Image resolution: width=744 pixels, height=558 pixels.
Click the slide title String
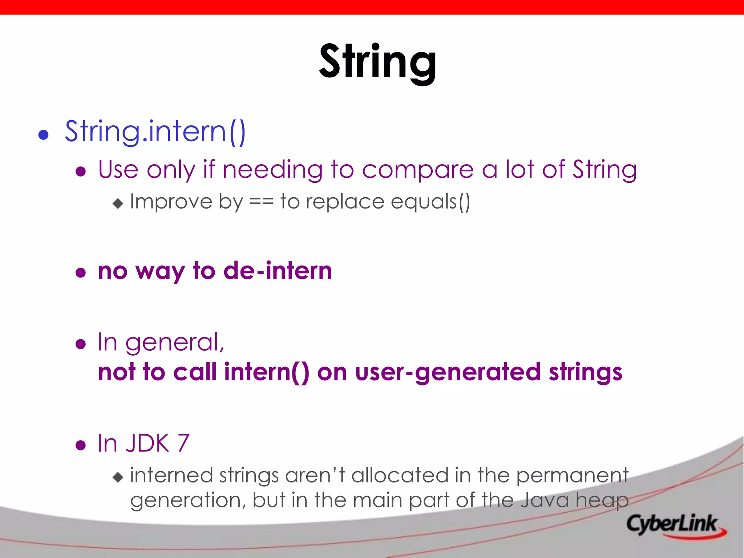click(x=378, y=62)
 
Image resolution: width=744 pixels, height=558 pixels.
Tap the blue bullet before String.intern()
click(x=44, y=135)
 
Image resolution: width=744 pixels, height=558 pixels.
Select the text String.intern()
click(x=155, y=132)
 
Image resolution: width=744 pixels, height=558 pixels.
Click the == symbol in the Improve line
click(x=261, y=202)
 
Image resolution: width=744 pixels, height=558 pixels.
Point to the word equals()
click(x=430, y=202)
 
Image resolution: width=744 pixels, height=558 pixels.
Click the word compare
click(x=418, y=170)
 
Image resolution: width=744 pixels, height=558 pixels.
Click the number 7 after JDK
click(x=183, y=443)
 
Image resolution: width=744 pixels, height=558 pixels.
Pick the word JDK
click(x=147, y=443)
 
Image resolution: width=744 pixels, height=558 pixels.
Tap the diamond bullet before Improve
click(x=118, y=203)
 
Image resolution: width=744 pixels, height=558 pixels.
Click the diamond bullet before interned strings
click(x=118, y=477)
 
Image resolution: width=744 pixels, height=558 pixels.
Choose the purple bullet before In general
click(x=81, y=344)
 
